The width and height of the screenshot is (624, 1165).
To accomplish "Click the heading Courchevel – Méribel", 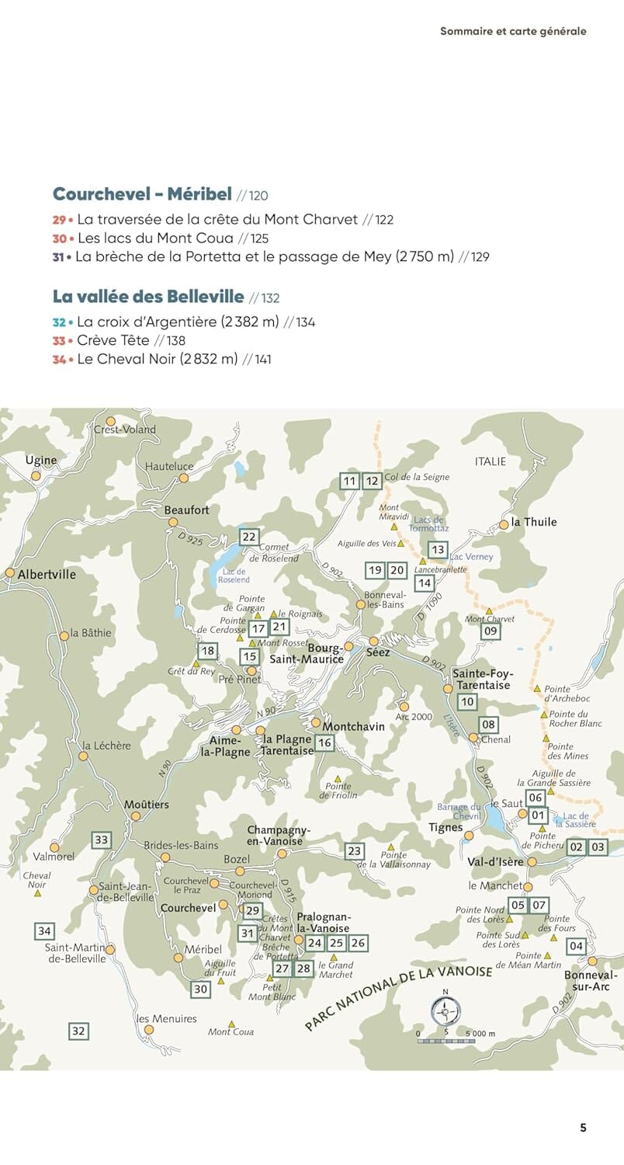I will pyautogui.click(x=142, y=194).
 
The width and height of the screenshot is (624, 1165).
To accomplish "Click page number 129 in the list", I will pyautogui.click(x=480, y=256).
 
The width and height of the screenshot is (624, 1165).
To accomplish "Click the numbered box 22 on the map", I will pyautogui.click(x=248, y=537).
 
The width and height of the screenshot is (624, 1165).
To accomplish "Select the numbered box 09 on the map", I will pyautogui.click(x=490, y=631).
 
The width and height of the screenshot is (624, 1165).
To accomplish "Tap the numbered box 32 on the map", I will pyautogui.click(x=78, y=1031).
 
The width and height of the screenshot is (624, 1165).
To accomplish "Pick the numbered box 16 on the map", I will pyautogui.click(x=324, y=743).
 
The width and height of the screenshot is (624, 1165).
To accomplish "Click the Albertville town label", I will pyautogui.click(x=47, y=574).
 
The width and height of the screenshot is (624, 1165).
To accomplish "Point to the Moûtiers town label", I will pyautogui.click(x=146, y=805).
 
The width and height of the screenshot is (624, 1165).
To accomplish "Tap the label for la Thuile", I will pyautogui.click(x=533, y=522).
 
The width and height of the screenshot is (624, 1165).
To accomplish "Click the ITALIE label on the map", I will pyautogui.click(x=490, y=461).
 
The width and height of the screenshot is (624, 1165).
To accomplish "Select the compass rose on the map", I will pyautogui.click(x=445, y=1011).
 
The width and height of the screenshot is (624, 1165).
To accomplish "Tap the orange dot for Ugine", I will pyautogui.click(x=36, y=475).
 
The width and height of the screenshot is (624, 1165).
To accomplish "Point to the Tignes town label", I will pyautogui.click(x=445, y=828).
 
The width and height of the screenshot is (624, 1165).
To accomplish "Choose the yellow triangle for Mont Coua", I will pyautogui.click(x=231, y=1024).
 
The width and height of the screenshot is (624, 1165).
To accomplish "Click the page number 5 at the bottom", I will pyautogui.click(x=583, y=1128).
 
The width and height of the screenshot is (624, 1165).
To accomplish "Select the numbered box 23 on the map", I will pyautogui.click(x=354, y=850).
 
